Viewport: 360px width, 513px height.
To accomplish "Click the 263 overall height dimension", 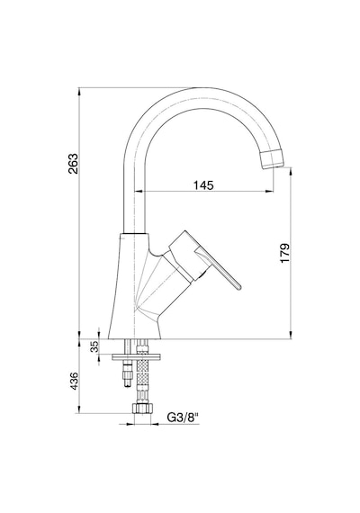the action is tap(73, 164).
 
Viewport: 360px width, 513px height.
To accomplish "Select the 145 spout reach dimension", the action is tap(203, 185).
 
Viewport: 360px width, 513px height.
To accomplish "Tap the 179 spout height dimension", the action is tap(284, 253).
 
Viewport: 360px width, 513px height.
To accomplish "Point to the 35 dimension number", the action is tap(94, 346).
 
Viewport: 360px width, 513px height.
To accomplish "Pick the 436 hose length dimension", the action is tap(75, 381).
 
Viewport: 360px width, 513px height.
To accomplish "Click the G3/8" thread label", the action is tap(184, 418).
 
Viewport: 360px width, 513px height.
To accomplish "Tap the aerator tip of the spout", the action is tap(273, 158).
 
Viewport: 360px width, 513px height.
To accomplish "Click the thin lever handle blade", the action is tap(219, 268).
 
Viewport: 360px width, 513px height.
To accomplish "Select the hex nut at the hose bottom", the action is tap(143, 409).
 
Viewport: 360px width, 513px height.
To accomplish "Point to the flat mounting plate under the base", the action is tap(137, 357).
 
